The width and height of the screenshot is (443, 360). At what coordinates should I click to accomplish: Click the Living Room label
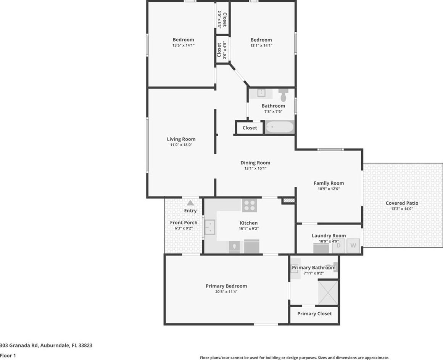(x=181, y=139)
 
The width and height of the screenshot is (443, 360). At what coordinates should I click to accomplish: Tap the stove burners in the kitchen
(x=250, y=205)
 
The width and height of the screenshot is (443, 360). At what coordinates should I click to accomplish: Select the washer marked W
(x=353, y=245)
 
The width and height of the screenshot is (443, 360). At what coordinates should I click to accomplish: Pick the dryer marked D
(x=338, y=245)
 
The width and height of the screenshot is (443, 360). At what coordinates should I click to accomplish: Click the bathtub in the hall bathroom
(x=280, y=127)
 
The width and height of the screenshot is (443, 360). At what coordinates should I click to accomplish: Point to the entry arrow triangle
(x=190, y=203)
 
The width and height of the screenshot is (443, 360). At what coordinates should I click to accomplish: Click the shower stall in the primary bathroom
(x=328, y=292)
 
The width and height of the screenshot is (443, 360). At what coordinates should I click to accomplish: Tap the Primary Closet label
(x=314, y=314)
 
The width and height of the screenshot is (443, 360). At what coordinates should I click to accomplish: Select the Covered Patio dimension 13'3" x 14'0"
(x=402, y=209)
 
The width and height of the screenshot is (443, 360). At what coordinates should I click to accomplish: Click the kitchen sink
(x=209, y=228)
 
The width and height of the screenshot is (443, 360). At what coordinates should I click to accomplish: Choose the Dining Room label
(x=255, y=163)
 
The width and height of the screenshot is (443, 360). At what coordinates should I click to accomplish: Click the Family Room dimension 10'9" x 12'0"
(x=329, y=189)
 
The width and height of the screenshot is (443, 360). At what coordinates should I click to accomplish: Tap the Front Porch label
(x=184, y=223)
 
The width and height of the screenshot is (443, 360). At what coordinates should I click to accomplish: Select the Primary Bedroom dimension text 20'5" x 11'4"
(x=226, y=292)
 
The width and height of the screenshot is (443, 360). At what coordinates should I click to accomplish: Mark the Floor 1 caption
(x=8, y=355)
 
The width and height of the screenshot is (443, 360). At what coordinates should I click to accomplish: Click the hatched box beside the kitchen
(x=288, y=201)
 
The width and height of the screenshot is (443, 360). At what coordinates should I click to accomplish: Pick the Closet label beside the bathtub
(x=250, y=128)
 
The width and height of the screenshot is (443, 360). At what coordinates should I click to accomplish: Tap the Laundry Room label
(x=329, y=236)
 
